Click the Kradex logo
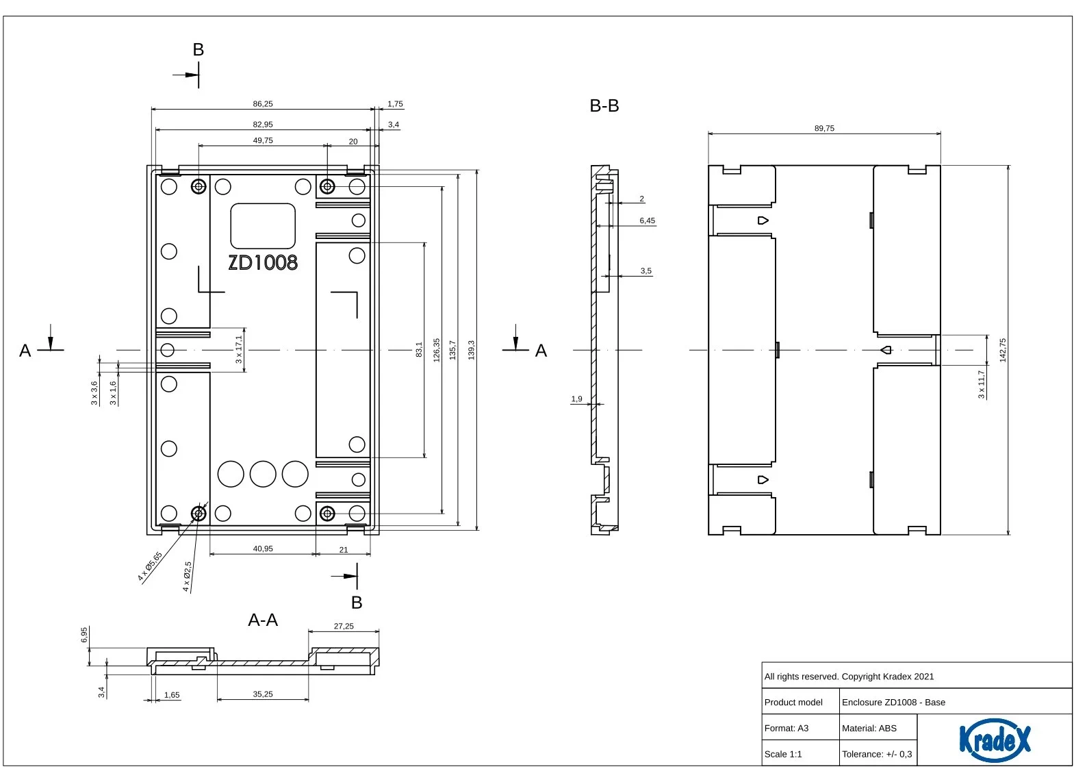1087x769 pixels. click(995, 740)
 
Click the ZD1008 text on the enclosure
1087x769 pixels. click(263, 263)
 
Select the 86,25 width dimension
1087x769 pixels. click(263, 104)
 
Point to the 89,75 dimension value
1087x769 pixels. click(824, 128)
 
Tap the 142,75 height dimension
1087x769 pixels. click(1003, 350)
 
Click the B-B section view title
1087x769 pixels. click(604, 105)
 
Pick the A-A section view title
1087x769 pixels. click(263, 620)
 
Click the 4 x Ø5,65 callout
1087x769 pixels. click(150, 566)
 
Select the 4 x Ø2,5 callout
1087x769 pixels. click(188, 577)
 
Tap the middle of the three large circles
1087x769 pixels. click(263, 474)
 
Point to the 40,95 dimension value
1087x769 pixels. click(263, 549)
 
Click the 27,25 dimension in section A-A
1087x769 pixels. click(344, 627)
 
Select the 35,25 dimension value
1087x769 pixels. click(263, 694)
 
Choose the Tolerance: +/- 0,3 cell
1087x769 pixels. click(878, 753)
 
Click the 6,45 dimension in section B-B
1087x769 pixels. click(647, 220)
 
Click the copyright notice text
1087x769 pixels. click(849, 677)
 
